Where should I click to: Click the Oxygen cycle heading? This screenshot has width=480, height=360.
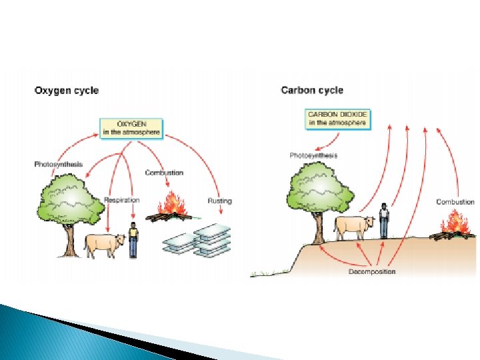67,91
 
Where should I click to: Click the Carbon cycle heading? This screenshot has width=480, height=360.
312,90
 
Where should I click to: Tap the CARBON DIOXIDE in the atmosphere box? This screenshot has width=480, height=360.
337,119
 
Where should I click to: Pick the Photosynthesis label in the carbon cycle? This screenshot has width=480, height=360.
313,155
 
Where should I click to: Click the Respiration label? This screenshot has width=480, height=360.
121,199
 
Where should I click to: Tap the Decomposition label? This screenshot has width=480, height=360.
372,271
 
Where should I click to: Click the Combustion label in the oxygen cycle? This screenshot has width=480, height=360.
164,173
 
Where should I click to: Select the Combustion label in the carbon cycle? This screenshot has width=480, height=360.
455,201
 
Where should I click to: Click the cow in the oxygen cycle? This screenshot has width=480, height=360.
104,245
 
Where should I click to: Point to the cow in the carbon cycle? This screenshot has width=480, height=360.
354,227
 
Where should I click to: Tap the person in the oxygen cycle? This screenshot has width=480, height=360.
133,240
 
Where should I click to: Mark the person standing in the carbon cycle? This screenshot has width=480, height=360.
384,221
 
